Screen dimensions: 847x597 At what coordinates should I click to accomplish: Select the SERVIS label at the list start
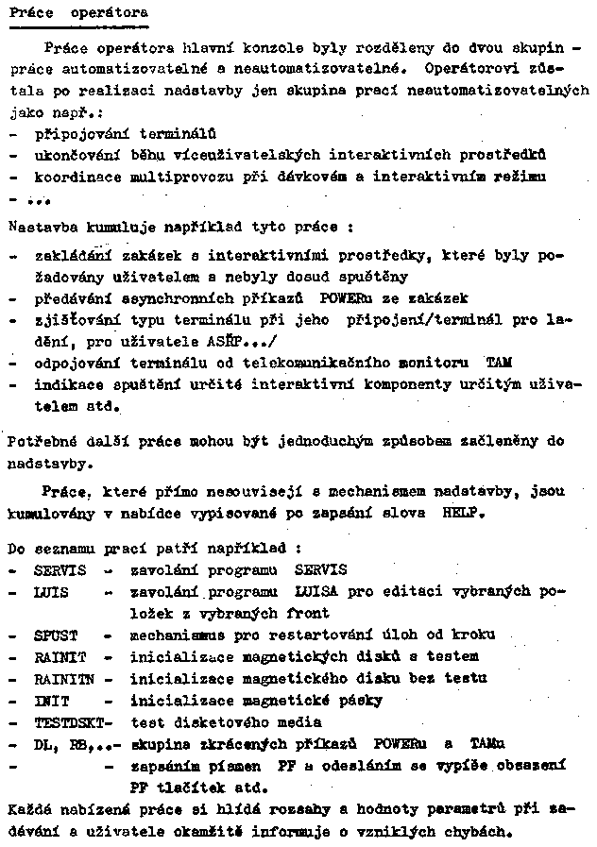click(59, 569)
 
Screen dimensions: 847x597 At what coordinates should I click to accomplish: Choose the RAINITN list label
click(63, 678)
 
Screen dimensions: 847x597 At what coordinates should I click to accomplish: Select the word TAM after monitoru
click(498, 362)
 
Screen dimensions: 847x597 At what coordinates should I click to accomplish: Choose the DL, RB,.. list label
click(69, 743)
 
